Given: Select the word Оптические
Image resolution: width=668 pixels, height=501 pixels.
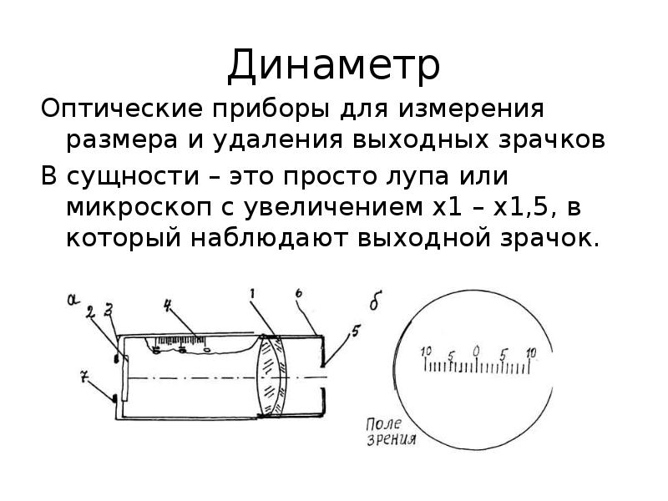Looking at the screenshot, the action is (122, 109).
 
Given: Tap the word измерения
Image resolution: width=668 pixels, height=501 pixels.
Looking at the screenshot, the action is (471, 110).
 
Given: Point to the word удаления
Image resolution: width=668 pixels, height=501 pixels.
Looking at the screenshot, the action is (278, 140).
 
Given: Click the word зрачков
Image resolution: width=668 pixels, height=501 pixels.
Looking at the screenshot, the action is (552, 140).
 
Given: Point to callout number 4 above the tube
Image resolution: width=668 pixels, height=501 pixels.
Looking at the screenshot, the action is (168, 305).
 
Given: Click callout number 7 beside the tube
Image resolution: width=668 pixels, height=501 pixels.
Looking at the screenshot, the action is (84, 377).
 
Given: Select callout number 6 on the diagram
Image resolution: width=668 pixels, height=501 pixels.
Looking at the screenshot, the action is (299, 293).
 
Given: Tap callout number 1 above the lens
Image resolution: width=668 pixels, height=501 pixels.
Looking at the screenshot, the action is (253, 294).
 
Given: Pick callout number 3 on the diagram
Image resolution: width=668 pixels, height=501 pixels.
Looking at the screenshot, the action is (109, 310).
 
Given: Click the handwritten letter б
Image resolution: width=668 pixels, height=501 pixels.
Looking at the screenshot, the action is (375, 301).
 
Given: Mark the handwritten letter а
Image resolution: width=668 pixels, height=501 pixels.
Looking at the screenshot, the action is (73, 300).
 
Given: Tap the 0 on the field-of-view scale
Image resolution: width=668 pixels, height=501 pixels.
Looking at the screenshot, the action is (476, 351).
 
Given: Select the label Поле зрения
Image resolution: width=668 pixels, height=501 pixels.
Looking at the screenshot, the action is (391, 432).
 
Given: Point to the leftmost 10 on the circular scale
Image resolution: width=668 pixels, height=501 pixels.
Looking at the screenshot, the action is (426, 352).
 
